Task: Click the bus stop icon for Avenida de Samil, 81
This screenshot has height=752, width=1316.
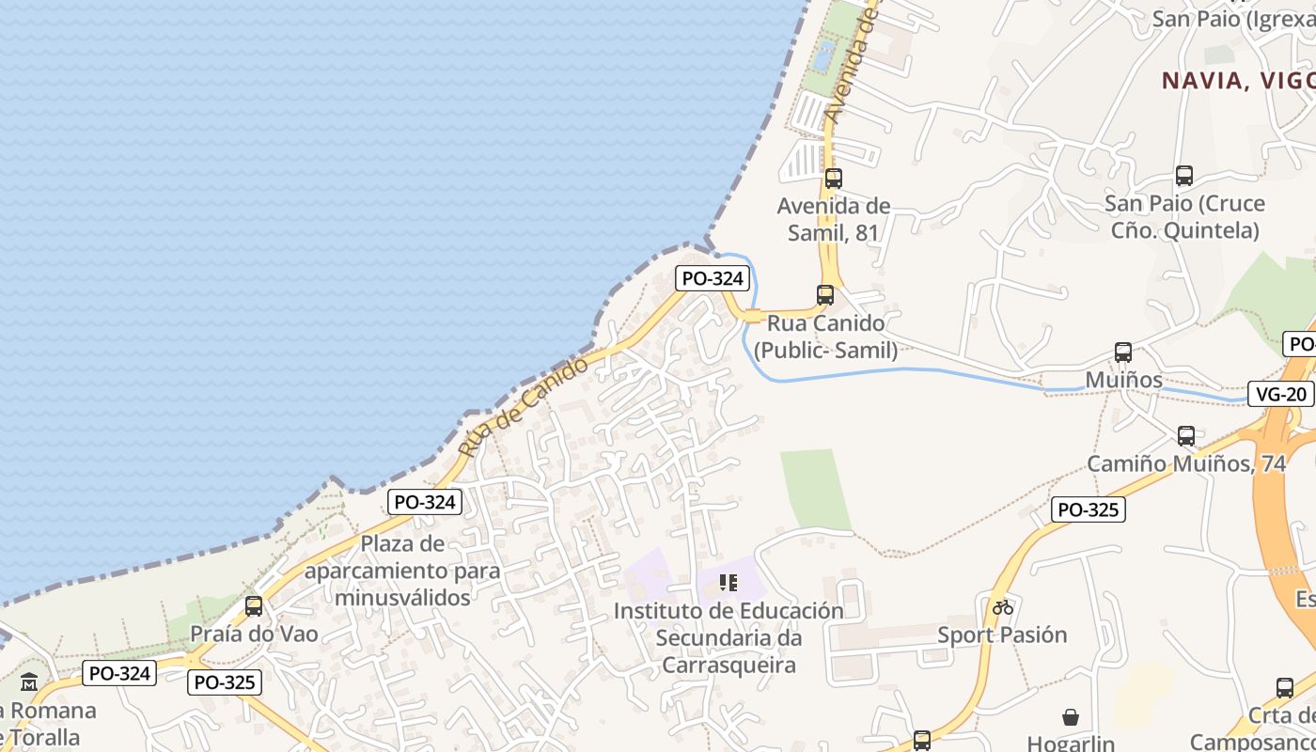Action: (x=833, y=178)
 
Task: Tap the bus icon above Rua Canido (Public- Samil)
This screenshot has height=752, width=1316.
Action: (x=825, y=294)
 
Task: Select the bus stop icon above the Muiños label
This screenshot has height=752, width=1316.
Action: (x=1122, y=352)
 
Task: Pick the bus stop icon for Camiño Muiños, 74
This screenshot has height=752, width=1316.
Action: (x=1186, y=436)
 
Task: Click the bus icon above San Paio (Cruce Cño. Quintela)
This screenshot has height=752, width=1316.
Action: (x=1184, y=175)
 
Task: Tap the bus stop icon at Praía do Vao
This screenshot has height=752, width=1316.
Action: (x=254, y=606)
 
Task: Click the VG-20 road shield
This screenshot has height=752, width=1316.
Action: (x=1280, y=394)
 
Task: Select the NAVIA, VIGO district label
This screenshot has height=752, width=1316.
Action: (x=1238, y=81)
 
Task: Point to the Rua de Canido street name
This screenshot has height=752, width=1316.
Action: (x=523, y=408)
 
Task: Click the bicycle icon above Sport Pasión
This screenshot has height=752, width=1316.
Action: (x=1003, y=606)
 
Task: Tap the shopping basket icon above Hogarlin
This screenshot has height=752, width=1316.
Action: (x=1071, y=717)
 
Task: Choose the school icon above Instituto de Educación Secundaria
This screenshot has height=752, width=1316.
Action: (x=728, y=583)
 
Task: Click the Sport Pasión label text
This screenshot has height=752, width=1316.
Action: (x=1002, y=634)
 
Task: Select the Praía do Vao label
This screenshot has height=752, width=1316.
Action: (x=255, y=634)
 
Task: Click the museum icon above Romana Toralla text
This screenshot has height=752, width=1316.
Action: (x=29, y=682)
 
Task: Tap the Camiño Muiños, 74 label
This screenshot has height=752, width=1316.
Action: (x=1186, y=463)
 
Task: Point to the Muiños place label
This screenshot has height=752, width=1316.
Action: (x=1123, y=380)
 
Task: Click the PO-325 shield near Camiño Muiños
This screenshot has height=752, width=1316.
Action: (x=1089, y=509)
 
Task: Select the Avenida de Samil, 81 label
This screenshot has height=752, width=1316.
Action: (x=834, y=219)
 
